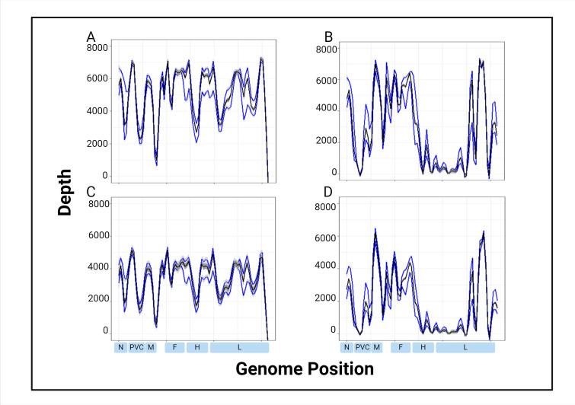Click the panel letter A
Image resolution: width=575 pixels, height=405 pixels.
[x=91, y=36]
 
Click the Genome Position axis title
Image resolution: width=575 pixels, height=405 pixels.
[x=305, y=370]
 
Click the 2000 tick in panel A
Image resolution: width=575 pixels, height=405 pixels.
[x=97, y=143]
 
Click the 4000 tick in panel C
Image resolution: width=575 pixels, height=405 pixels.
[x=97, y=267]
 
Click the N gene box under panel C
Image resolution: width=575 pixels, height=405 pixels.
[x=120, y=347]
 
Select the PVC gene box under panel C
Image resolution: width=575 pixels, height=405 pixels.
[x=136, y=347]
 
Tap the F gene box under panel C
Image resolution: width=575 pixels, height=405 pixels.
[x=174, y=347]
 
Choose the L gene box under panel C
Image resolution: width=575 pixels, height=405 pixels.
[x=239, y=347]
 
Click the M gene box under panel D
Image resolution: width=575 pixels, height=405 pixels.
[x=376, y=347]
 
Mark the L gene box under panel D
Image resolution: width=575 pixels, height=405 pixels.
[x=465, y=347]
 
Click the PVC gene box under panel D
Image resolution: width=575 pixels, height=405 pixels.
[x=362, y=347]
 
